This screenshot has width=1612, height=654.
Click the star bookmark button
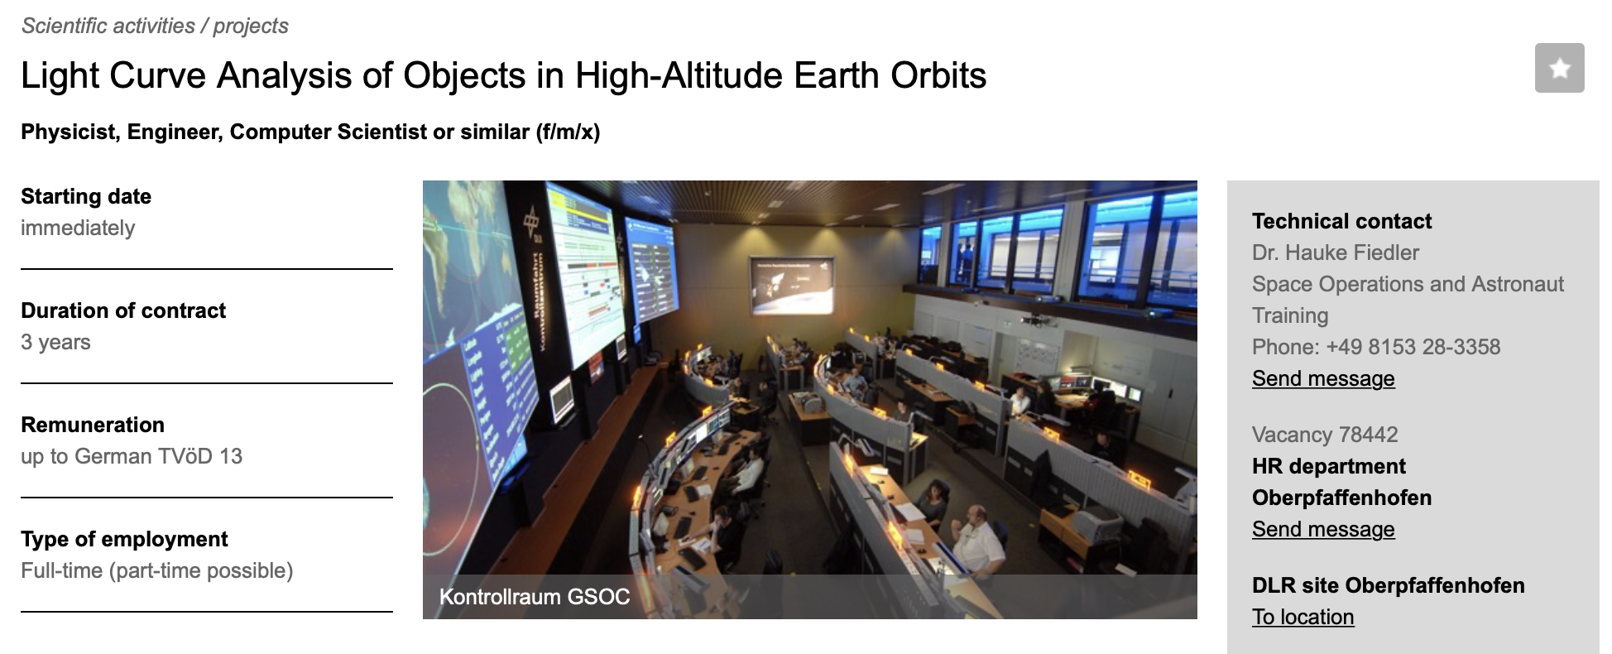tap(1559, 68)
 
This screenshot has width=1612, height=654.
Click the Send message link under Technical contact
tap(1323, 378)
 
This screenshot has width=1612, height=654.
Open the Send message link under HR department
tap(1323, 529)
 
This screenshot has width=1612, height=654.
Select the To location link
tap(1303, 617)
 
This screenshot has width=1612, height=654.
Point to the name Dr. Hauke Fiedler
tap(1336, 252)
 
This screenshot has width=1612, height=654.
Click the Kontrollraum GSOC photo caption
tap(535, 597)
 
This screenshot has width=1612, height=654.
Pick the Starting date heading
tap(86, 196)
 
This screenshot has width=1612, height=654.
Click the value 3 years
tap(55, 342)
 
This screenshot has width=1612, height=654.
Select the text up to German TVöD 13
tap(132, 456)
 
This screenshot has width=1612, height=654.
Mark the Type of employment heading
tap(124, 539)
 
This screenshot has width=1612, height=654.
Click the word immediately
tap(78, 228)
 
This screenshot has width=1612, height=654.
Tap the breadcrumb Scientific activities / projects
tap(155, 26)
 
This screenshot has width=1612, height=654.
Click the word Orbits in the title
tap(938, 75)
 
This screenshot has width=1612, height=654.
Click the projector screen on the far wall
tap(793, 286)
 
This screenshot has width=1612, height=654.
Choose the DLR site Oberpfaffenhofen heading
tap(1389, 585)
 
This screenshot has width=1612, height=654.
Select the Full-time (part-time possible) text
tap(157, 570)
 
